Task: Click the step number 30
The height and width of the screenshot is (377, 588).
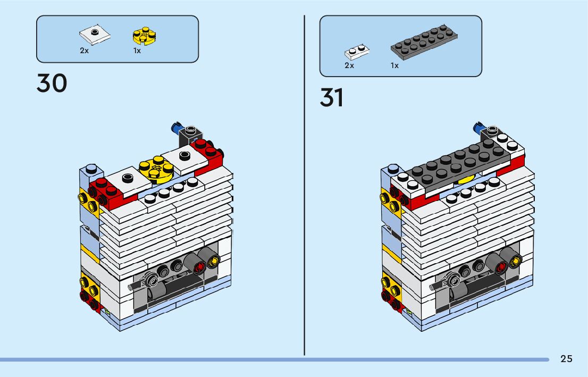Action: point(52,83)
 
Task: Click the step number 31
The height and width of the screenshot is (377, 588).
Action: point(332,98)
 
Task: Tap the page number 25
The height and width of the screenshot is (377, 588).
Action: point(566,359)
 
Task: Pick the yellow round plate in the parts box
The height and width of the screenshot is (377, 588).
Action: point(144,36)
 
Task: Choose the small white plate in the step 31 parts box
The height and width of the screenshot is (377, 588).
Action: point(357,52)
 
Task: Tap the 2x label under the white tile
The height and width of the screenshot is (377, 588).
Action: point(85,51)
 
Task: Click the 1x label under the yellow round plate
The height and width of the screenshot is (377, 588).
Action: point(137,51)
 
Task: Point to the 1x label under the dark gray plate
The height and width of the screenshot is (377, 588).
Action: point(394,65)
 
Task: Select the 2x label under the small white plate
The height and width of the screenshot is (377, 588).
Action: point(349,65)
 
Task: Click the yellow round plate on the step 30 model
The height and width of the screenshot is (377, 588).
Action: point(155,169)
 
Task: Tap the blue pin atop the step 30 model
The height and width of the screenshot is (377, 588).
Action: point(175,127)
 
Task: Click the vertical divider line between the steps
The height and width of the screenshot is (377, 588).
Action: point(304,186)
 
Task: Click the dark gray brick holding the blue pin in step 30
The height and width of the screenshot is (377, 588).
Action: point(189,136)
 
